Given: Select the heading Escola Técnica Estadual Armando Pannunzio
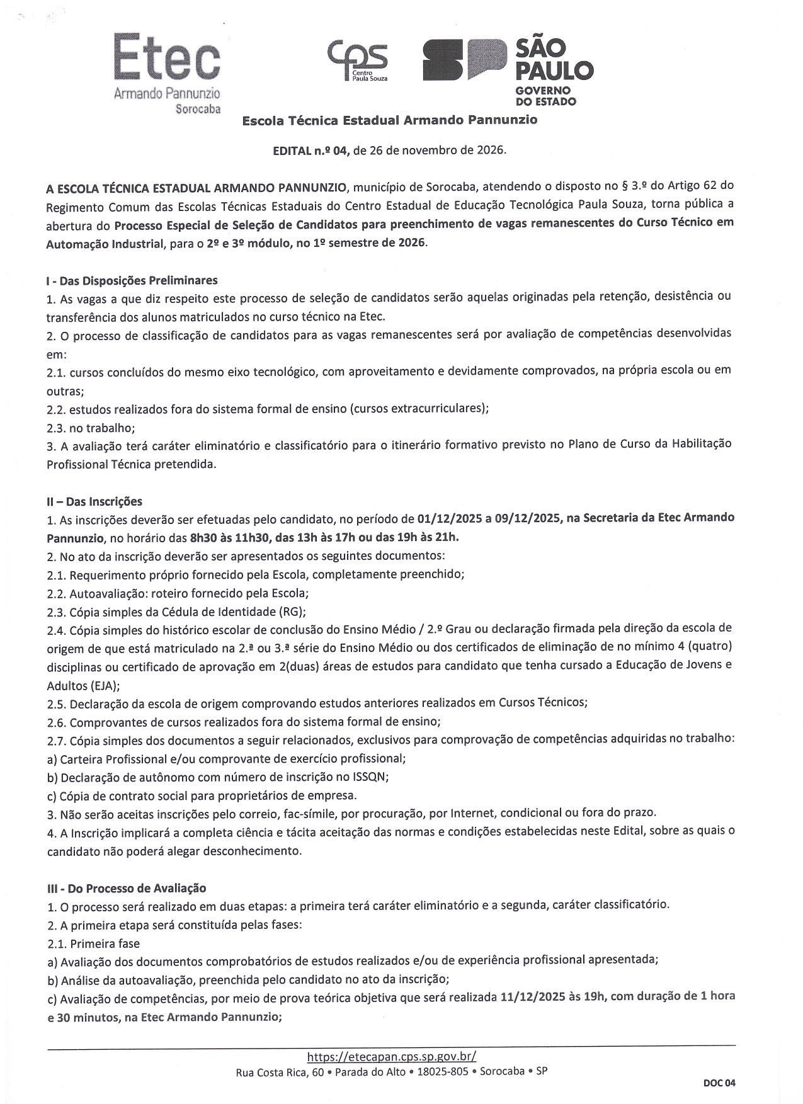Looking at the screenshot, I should click(390, 120).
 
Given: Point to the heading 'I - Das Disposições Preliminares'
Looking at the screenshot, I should click(132, 280).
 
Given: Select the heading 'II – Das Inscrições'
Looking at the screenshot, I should click(94, 501).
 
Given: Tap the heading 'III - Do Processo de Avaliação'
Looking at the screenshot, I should click(127, 888).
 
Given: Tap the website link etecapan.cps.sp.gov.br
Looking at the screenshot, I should click(391, 1056).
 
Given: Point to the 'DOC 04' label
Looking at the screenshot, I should click(719, 1083).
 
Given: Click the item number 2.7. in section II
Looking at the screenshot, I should click(57, 739).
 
